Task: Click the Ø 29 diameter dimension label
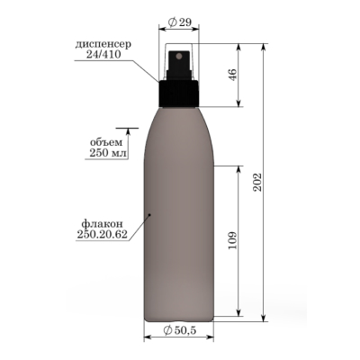pos(180,22)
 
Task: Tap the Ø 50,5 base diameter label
pos(180,330)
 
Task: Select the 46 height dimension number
pos(233,75)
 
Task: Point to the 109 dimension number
pos(233,240)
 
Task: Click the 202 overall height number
pos(258,182)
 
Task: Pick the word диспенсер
pos(103,44)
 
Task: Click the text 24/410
pos(103,54)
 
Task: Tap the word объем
pos(106,142)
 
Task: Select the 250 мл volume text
pos(108,153)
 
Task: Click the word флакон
pos(102,223)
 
